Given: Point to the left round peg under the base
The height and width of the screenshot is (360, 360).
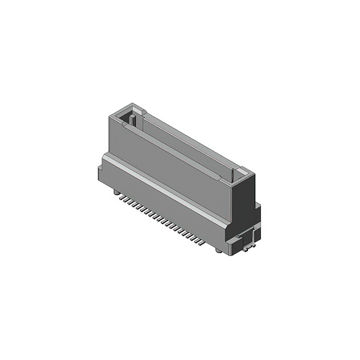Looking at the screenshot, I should (x=115, y=193).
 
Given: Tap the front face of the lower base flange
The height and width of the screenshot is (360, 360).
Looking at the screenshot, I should (x=169, y=205).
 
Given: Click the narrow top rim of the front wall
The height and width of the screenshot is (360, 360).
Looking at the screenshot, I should (x=174, y=151).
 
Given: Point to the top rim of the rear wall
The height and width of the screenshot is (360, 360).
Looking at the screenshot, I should (x=191, y=135).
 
